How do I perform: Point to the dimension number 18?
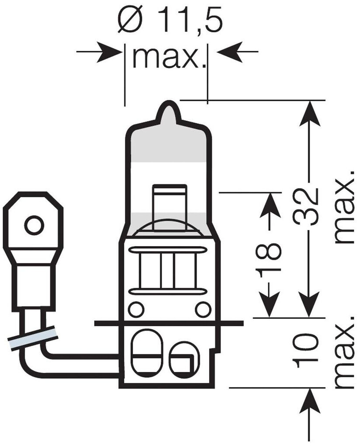coord(269,260)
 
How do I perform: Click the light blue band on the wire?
coord(33,338)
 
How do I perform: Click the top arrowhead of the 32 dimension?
coord(309,112)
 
